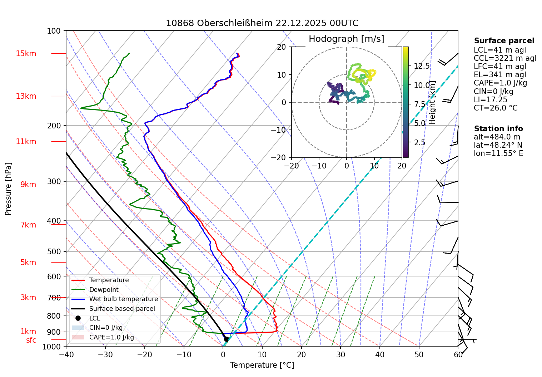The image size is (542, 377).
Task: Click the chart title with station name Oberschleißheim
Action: (x=262, y=23)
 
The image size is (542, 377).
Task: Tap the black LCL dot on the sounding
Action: (x=226, y=339)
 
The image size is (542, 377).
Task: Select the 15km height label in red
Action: (x=26, y=54)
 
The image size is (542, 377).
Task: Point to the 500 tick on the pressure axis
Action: (x=54, y=251)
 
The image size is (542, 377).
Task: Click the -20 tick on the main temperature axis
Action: (x=144, y=354)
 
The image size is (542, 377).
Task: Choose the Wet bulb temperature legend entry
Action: (x=123, y=299)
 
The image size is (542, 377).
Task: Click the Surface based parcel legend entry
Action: (x=122, y=309)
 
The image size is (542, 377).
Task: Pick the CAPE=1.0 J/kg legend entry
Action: (x=111, y=337)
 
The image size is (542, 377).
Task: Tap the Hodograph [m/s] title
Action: (x=346, y=39)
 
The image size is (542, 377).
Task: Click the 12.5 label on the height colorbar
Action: (x=422, y=66)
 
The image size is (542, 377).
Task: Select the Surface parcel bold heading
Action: (x=504, y=41)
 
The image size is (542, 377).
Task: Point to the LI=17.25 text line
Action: (x=490, y=100)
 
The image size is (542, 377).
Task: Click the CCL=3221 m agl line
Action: (x=505, y=58)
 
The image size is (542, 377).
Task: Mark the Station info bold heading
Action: (x=498, y=129)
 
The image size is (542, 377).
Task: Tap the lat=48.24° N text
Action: (x=498, y=145)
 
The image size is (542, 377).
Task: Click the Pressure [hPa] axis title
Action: (x=8, y=189)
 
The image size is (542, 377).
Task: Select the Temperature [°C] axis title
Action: (x=262, y=365)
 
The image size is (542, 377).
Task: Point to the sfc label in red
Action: (x=31, y=340)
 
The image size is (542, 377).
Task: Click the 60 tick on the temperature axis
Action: (x=458, y=354)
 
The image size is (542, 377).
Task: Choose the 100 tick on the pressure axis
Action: (x=54, y=31)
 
